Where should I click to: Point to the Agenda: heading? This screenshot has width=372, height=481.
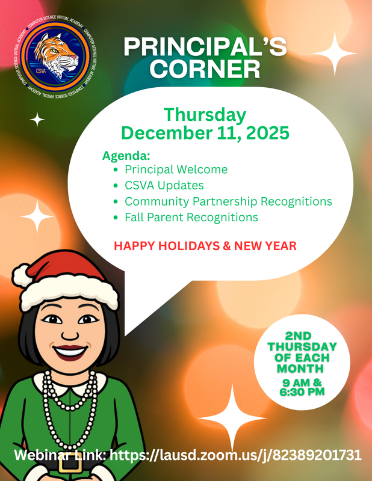pos(126,156)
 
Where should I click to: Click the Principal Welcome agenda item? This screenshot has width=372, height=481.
pos(176,170)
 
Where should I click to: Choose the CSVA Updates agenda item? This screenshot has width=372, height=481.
pos(164,185)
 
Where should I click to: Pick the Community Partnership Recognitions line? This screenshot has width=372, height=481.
pos(228,201)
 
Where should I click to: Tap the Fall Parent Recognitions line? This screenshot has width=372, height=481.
pos(191,217)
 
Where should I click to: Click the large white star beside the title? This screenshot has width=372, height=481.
pos(334,52)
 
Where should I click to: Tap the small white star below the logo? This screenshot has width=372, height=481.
pos(37,120)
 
